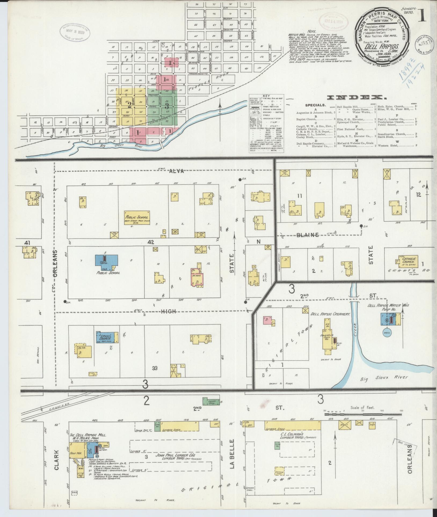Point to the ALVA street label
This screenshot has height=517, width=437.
(176, 171)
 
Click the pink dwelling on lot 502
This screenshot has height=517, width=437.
(267, 321)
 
